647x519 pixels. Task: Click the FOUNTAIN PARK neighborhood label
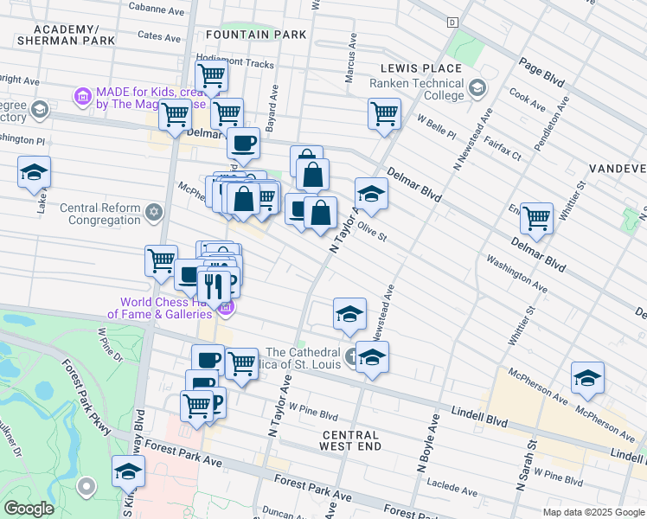(256, 35)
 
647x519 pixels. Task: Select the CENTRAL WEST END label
(350, 442)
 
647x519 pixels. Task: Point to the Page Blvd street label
(541, 72)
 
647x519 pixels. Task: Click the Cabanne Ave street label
(157, 7)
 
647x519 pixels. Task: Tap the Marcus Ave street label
(350, 61)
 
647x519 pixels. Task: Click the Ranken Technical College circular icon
(477, 88)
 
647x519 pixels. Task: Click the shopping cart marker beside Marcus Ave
(383, 113)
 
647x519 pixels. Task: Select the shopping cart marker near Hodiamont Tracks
(210, 74)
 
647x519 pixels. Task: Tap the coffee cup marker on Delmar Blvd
(243, 143)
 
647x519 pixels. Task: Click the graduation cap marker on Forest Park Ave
(128, 472)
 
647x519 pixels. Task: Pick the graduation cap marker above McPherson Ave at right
(587, 378)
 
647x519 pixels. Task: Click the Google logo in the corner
(28, 509)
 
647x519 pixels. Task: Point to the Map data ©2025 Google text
(593, 511)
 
